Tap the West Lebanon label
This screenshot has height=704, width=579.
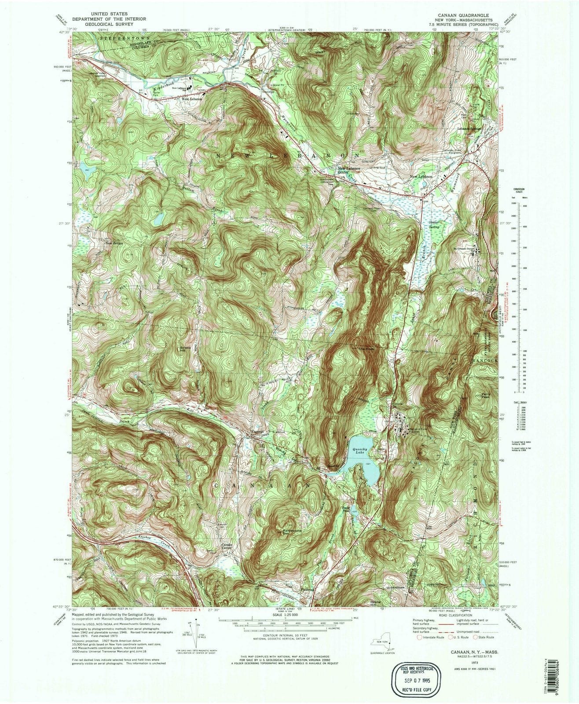[x=192, y=99]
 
